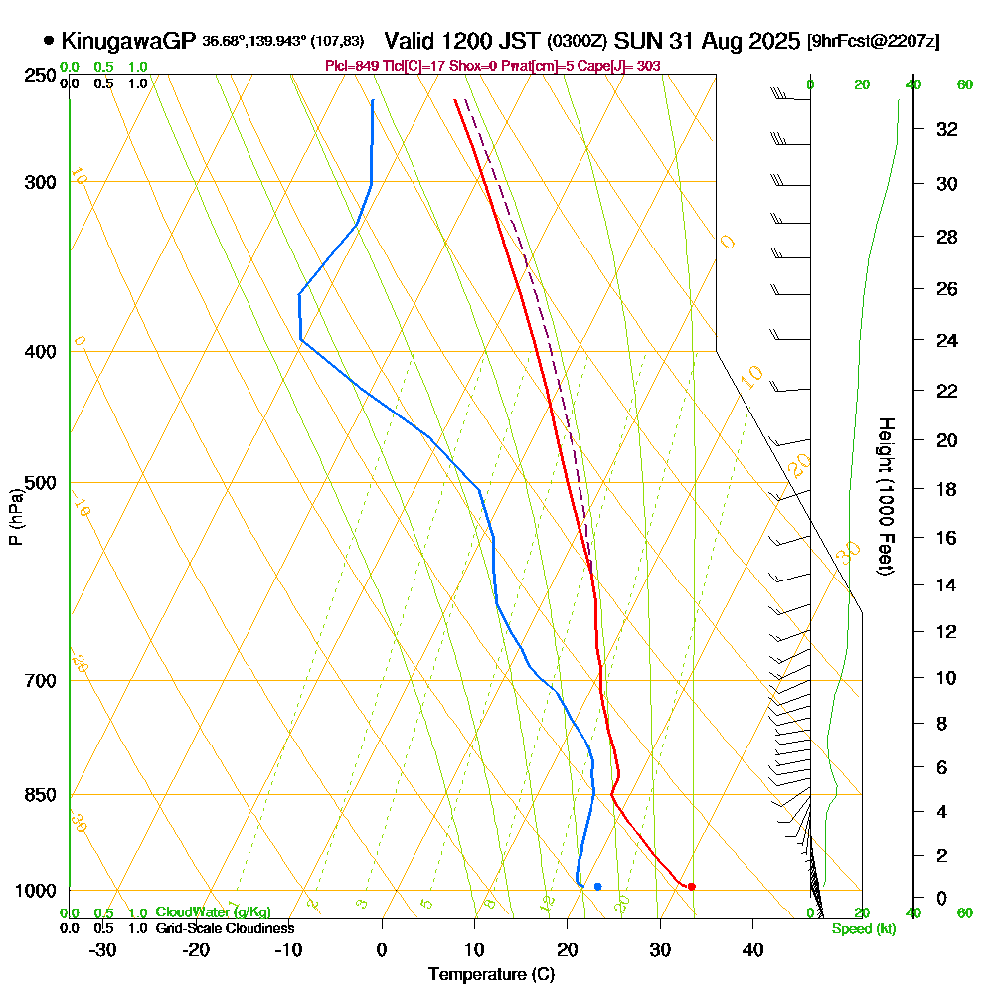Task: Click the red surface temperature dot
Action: [x=691, y=886]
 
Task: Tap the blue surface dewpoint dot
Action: [x=597, y=886]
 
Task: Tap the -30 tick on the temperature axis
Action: [x=103, y=950]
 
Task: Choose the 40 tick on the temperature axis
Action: [x=752, y=950]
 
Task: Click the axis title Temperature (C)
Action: [x=491, y=974]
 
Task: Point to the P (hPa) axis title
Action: [x=15, y=517]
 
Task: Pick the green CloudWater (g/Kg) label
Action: [x=213, y=912]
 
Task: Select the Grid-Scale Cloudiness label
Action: [x=224, y=928]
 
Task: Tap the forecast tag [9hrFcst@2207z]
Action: [x=874, y=42]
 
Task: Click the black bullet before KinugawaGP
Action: [x=49, y=41]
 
